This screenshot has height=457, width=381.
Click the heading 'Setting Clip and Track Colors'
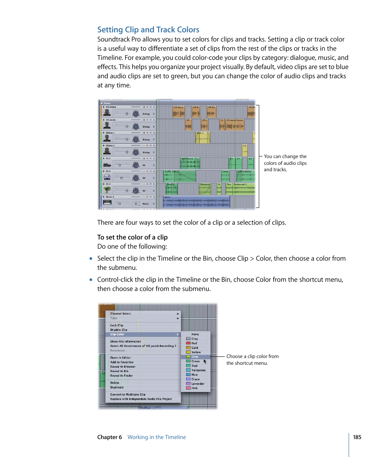pos(148,30)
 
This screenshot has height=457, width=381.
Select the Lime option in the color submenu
pos(195,357)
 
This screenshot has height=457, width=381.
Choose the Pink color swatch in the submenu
pos(189,388)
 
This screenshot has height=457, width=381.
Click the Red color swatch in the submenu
pos(189,343)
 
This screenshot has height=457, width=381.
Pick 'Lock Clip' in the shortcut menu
pos(117,325)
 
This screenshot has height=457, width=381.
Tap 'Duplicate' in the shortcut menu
pos(117,387)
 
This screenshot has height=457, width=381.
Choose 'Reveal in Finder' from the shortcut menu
pos(121,376)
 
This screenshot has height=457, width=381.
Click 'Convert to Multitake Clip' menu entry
pos(128,394)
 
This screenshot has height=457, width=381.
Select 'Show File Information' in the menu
pos(125,342)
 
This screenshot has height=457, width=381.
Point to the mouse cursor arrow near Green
pos(205,361)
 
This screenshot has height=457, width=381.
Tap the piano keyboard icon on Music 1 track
pos(107,203)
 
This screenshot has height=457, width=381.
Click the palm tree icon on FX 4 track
pos(107,190)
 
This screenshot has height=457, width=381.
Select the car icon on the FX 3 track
pos(107,177)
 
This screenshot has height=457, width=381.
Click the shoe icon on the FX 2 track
pos(107,164)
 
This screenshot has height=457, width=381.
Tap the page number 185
pos(357,437)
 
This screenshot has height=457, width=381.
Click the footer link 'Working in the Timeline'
pos(157,437)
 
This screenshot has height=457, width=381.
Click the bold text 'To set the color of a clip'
pos(132,237)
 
